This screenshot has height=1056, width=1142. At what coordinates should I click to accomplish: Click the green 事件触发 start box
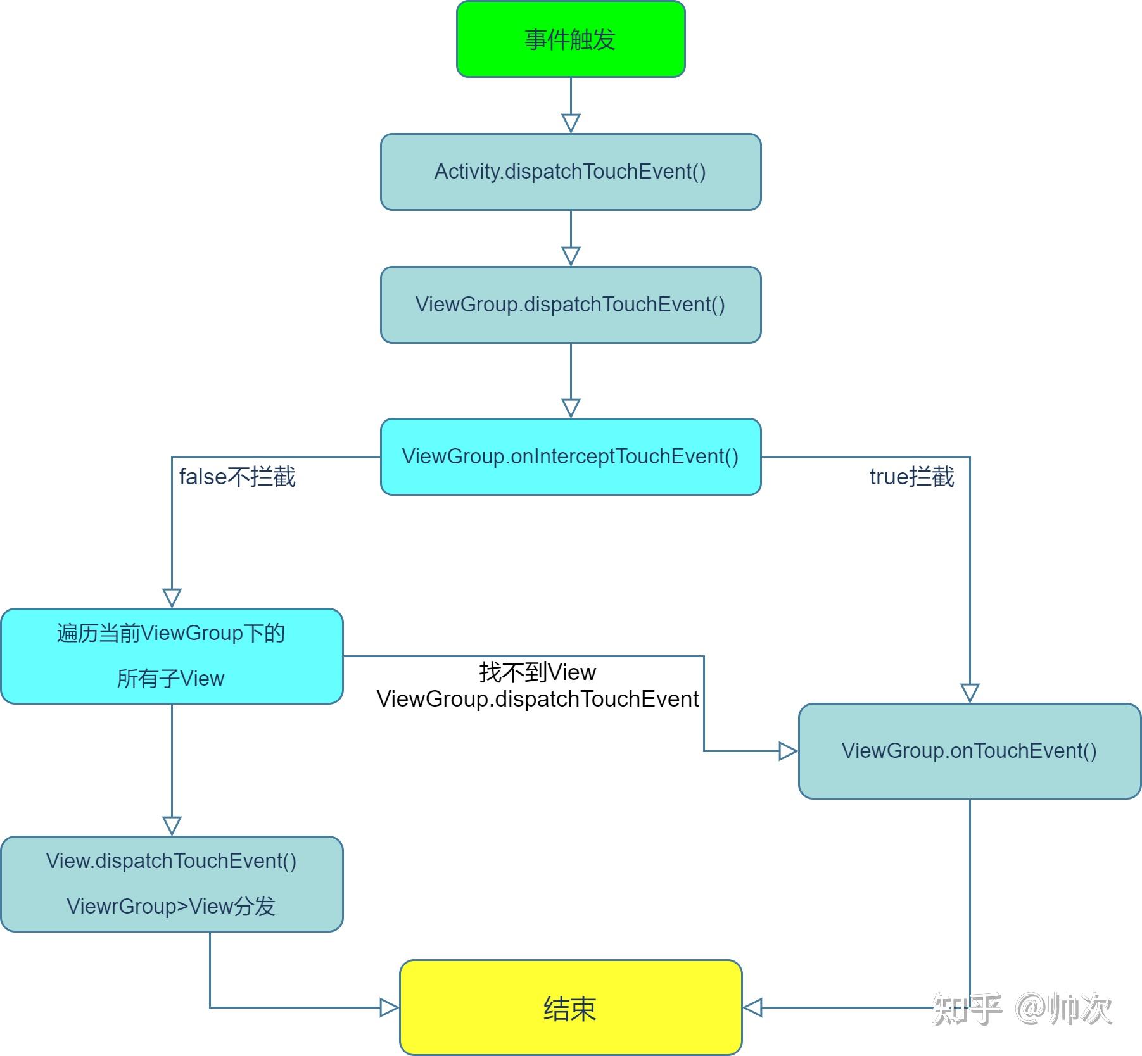click(571, 39)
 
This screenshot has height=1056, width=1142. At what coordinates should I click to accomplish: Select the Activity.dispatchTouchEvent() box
click(571, 172)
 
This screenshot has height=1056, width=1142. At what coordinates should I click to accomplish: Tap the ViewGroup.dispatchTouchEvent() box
click(571, 305)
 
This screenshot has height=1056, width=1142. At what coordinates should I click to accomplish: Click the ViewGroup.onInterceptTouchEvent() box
click(571, 456)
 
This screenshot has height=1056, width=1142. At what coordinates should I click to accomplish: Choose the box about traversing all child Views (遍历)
click(172, 656)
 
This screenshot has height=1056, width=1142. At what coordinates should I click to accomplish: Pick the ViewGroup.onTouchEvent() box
click(970, 751)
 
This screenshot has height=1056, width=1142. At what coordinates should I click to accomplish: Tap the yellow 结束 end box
click(571, 1007)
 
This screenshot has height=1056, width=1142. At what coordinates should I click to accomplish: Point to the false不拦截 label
click(238, 477)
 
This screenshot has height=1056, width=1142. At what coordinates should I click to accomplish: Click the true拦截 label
click(911, 477)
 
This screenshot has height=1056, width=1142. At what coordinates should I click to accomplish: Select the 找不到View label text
click(538, 672)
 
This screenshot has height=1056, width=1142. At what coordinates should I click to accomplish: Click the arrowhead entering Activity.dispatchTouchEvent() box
click(571, 123)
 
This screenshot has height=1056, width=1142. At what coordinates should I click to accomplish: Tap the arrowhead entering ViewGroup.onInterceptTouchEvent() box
click(571, 408)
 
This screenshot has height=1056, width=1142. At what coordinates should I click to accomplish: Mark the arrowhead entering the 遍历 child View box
click(172, 598)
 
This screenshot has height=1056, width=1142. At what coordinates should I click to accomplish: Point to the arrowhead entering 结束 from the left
click(389, 1007)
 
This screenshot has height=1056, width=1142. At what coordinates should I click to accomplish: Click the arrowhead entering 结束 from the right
click(752, 1007)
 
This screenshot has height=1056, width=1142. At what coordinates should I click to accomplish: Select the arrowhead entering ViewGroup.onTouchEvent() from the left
click(788, 751)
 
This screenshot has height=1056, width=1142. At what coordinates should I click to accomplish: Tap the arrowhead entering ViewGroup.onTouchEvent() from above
click(970, 693)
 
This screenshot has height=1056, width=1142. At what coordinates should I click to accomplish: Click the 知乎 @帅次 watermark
click(1022, 1009)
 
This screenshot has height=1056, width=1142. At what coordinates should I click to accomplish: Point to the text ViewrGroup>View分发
click(171, 907)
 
